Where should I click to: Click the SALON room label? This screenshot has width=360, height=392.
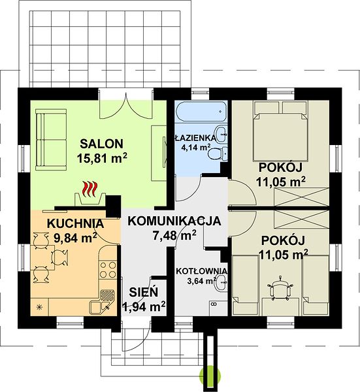point(101,144)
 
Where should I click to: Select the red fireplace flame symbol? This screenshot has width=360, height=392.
point(90,189)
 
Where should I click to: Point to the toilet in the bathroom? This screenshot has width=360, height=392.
point(216,154)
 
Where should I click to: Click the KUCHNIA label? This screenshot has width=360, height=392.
point(76,223)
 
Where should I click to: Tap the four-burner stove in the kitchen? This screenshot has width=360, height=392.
point(108,270)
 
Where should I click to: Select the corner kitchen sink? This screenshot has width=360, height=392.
point(102,301)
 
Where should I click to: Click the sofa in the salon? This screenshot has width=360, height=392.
point(51,140)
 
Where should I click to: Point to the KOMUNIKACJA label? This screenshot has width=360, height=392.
point(174,221)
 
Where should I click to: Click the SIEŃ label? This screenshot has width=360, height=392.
point(144,292)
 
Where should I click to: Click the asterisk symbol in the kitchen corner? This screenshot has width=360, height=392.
point(39,307)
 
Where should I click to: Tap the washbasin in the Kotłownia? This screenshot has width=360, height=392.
point(221,283)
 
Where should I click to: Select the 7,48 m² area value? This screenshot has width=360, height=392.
point(174,235)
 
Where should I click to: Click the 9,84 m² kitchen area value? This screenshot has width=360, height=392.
point(76,237)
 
